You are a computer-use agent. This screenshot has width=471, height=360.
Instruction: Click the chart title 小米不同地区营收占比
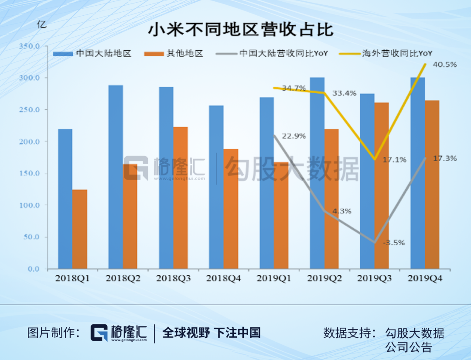(x=240, y=30)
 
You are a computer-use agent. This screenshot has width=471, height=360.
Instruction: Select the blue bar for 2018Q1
(x=65, y=199)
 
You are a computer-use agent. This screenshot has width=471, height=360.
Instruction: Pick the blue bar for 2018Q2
(x=116, y=177)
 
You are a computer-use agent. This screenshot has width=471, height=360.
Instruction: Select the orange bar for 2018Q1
(x=80, y=229)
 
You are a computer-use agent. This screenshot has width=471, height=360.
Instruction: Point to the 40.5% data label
(x=445, y=65)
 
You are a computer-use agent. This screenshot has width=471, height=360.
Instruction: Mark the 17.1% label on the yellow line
(x=394, y=160)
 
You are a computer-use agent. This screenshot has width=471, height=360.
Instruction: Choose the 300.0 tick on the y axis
(x=31, y=78)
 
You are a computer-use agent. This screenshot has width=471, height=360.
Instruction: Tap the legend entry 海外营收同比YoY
(x=396, y=54)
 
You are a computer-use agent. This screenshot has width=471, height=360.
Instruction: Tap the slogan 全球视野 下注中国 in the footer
(x=212, y=333)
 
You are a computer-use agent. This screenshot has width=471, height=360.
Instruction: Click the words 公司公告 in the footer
(x=409, y=347)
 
